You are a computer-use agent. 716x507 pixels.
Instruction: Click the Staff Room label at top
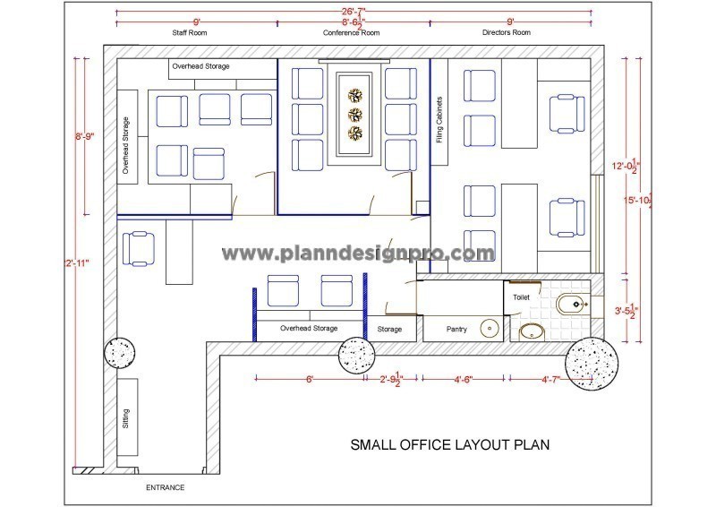pos(191,32)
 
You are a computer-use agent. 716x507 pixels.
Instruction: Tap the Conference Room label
pos(351,32)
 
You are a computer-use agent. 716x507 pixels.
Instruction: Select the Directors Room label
pos(506,32)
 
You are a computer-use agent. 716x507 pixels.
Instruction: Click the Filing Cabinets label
pos(439,120)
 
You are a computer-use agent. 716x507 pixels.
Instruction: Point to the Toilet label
pos(521,296)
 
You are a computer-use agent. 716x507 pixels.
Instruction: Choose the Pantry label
pos(457,330)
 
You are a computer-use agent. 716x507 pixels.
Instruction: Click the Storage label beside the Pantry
pos(389,330)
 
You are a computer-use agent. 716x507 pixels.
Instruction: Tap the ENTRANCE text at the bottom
pos(165,488)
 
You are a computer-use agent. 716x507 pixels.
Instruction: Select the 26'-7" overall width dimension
pos(353,9)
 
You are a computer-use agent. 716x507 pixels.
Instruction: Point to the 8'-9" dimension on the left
pos(85,136)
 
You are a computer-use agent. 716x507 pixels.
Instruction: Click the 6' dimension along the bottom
pos(310,379)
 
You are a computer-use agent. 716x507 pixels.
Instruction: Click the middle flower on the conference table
pos(356,114)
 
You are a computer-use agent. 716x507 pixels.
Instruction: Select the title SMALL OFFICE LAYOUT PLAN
pos(448,444)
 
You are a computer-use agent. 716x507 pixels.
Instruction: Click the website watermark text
pos(358,253)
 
